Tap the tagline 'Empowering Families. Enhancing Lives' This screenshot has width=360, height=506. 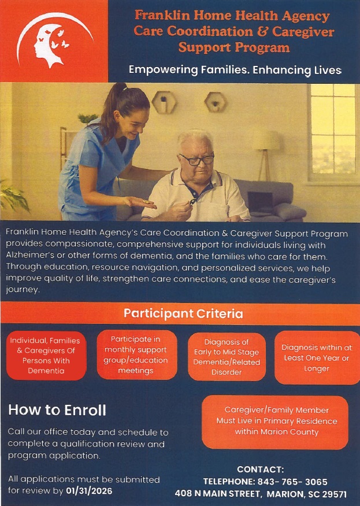[235, 70]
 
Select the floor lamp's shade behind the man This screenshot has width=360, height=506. [266, 141]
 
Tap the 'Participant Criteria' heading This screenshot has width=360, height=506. [183, 313]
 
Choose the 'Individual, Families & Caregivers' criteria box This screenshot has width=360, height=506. [46, 355]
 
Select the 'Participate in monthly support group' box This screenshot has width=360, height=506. [137, 354]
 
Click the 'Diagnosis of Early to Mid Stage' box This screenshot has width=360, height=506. [227, 357]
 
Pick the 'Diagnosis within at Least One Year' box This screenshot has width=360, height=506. [317, 357]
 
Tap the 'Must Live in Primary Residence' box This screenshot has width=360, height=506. [275, 422]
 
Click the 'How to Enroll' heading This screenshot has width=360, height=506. [57, 410]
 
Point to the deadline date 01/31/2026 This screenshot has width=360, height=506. [90, 491]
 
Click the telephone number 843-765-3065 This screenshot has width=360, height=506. [292, 482]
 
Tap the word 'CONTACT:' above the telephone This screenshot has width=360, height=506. [261, 469]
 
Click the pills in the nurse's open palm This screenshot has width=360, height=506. [146, 202]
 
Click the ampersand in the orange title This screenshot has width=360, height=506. [262, 32]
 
